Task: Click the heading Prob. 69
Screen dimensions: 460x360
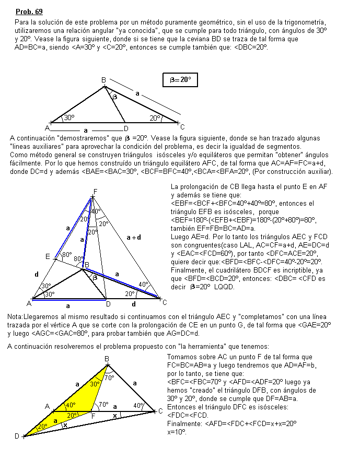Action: coord(29,11)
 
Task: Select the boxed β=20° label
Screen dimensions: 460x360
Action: coord(180,80)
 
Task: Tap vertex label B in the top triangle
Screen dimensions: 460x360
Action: coord(103,79)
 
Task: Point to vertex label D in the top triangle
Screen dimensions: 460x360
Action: coord(125,128)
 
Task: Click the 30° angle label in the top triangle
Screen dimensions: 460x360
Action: coord(69,118)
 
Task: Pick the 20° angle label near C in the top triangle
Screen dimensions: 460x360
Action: coord(155,118)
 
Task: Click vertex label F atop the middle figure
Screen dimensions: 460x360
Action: coord(95,191)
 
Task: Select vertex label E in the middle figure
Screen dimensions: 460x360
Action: coord(48,256)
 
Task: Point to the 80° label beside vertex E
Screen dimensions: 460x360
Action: coord(66,255)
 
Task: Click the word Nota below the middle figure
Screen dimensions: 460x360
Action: coord(15,317)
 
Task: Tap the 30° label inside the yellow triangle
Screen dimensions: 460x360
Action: coord(94,384)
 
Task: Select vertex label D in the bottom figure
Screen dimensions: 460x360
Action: coord(17,436)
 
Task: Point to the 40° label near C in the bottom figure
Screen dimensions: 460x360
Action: coord(138,405)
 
